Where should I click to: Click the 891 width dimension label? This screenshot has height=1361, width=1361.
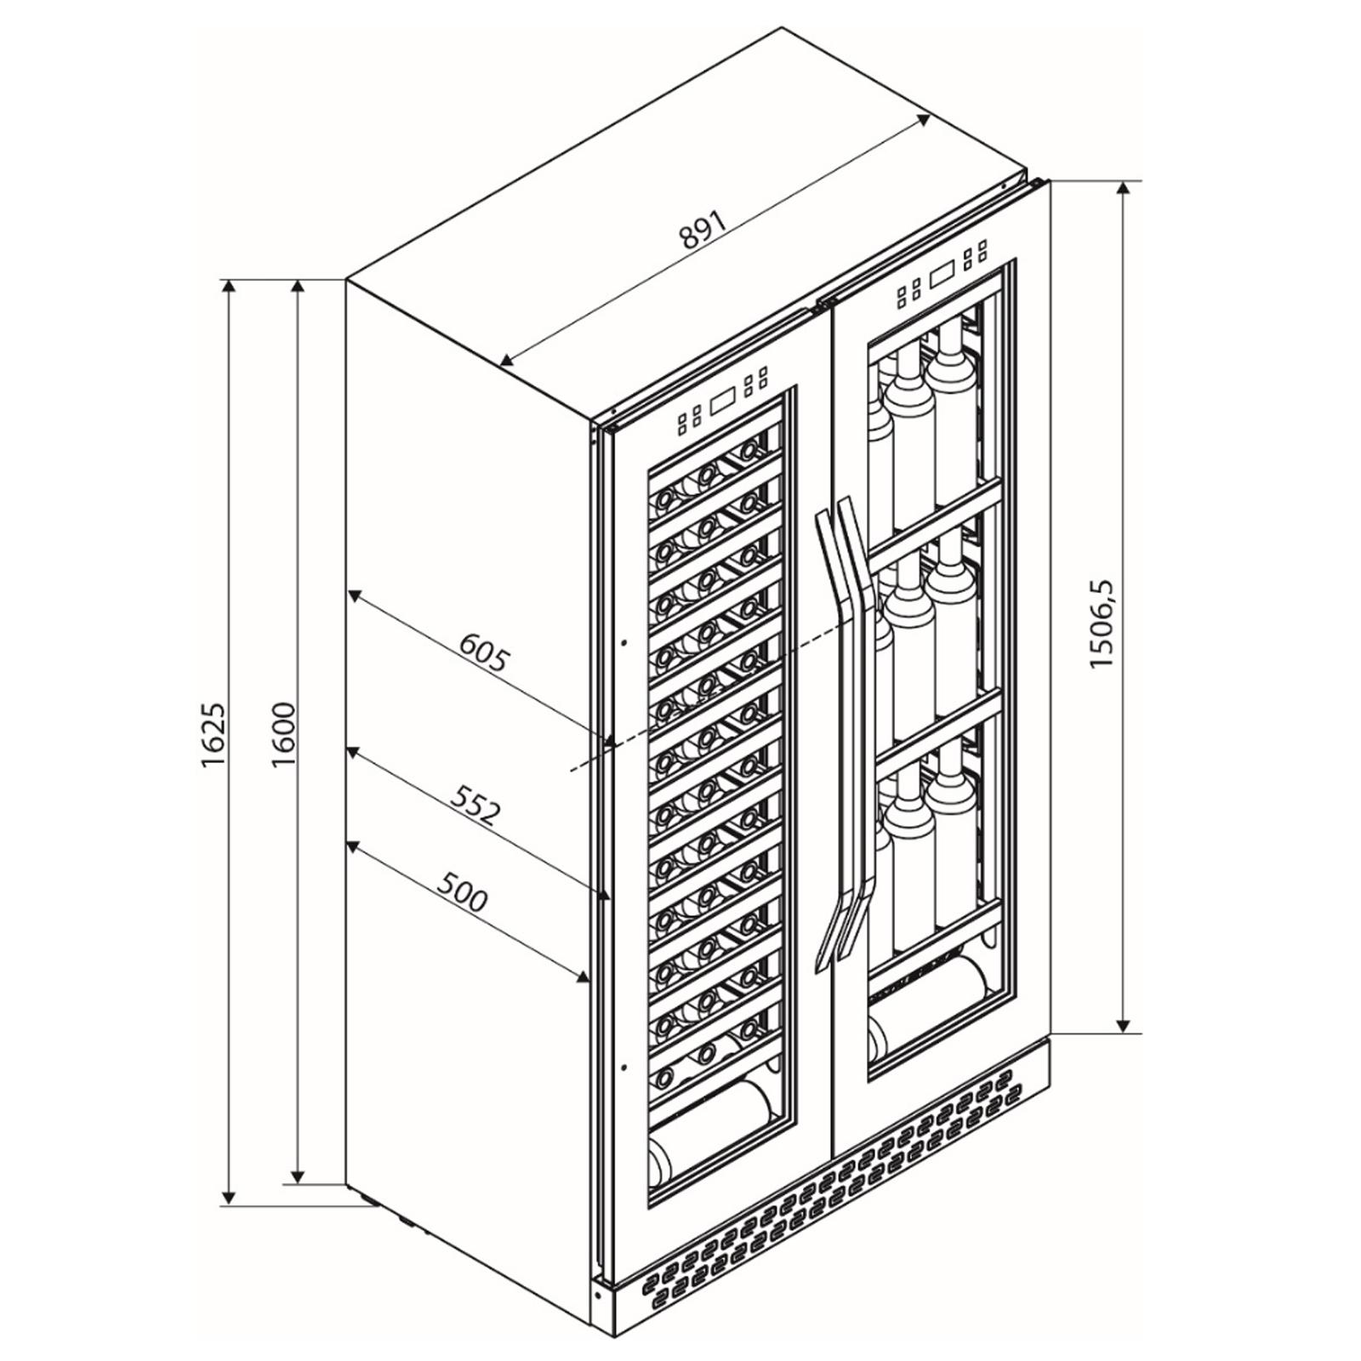(x=702, y=229)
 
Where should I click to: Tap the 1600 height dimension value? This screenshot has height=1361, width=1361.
(x=283, y=734)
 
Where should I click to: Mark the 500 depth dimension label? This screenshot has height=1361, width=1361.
(x=463, y=890)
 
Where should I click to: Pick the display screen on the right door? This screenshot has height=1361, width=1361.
(x=942, y=276)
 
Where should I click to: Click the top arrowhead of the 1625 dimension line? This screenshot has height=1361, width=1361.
(x=228, y=288)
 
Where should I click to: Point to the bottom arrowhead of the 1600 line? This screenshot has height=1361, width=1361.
(x=297, y=1174)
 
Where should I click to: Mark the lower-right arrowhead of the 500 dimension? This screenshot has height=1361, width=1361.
(x=581, y=976)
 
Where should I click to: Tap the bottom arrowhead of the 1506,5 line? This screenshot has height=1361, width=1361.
(x=1125, y=1024)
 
